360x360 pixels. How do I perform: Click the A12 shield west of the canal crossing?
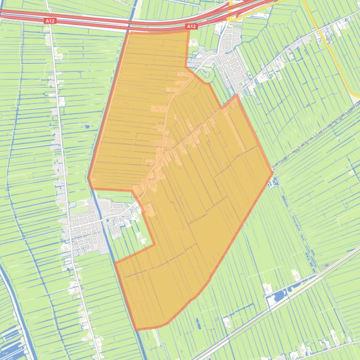(50, 21)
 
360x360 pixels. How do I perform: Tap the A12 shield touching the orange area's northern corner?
(191, 27)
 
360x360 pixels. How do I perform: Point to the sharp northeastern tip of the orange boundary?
(237, 95)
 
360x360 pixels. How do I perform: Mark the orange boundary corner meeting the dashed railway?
(272, 172)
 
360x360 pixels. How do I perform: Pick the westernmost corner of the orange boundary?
(88, 178)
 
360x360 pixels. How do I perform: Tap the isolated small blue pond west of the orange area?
(87, 126)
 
